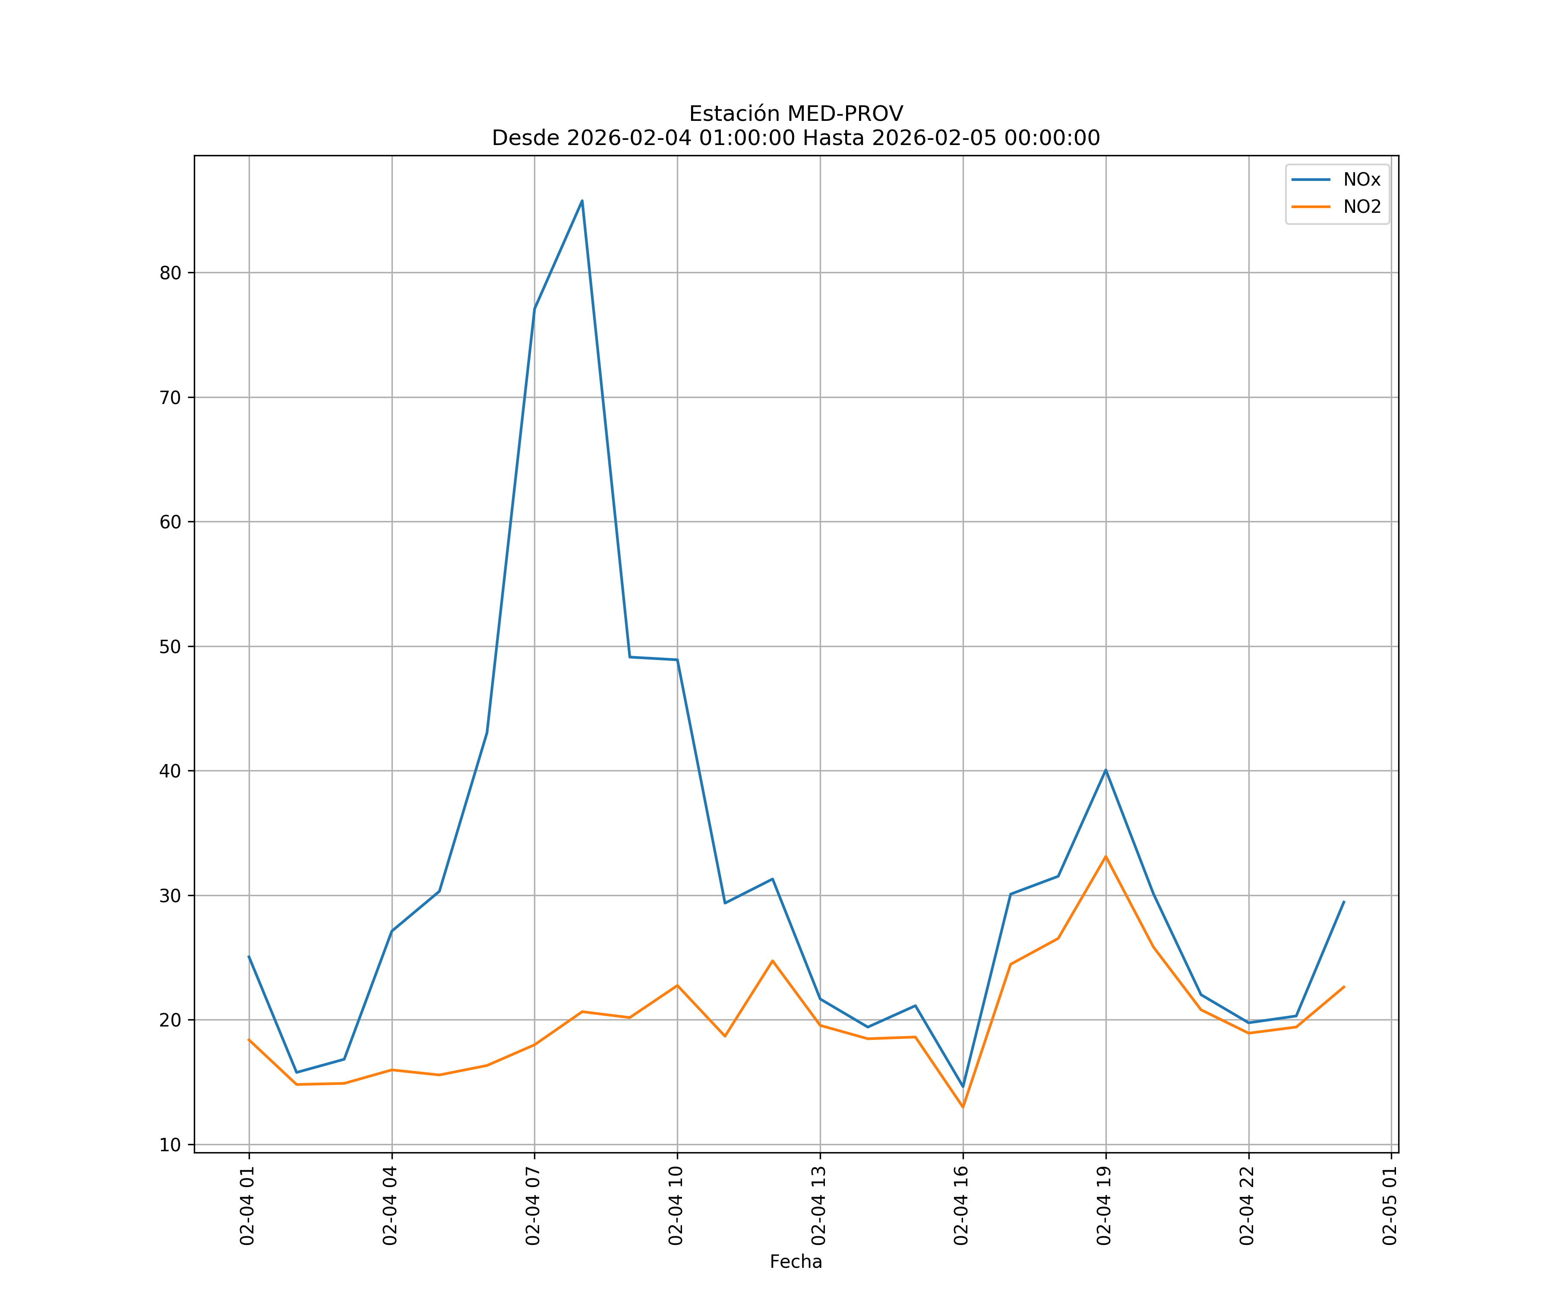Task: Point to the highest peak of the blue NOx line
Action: (x=581, y=201)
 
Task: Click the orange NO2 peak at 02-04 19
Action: (x=1105, y=856)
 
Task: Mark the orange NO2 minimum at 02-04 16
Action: (x=963, y=1107)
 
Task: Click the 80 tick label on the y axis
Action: (x=170, y=273)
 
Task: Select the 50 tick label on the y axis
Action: (x=170, y=647)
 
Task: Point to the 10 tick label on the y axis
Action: (x=170, y=1145)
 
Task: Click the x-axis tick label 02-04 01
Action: (x=248, y=1206)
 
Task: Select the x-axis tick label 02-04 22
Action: (x=1248, y=1206)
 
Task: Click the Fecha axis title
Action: (x=796, y=1262)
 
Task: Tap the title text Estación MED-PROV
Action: (x=796, y=114)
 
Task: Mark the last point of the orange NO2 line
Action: (x=1344, y=986)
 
